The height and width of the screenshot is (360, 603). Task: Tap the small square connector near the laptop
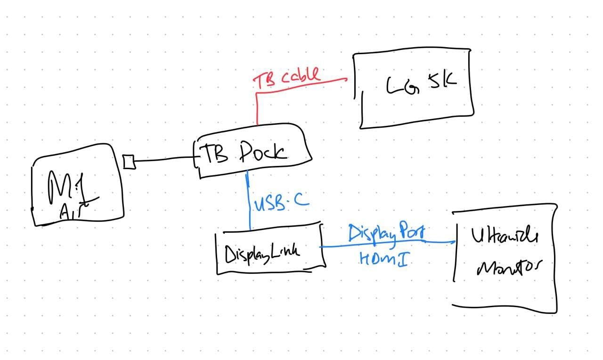[x=128, y=162]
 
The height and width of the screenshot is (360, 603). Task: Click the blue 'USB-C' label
[x=282, y=203]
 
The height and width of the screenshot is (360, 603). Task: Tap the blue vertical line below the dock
[x=249, y=203]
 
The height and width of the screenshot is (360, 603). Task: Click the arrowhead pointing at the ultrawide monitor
[x=452, y=243]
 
